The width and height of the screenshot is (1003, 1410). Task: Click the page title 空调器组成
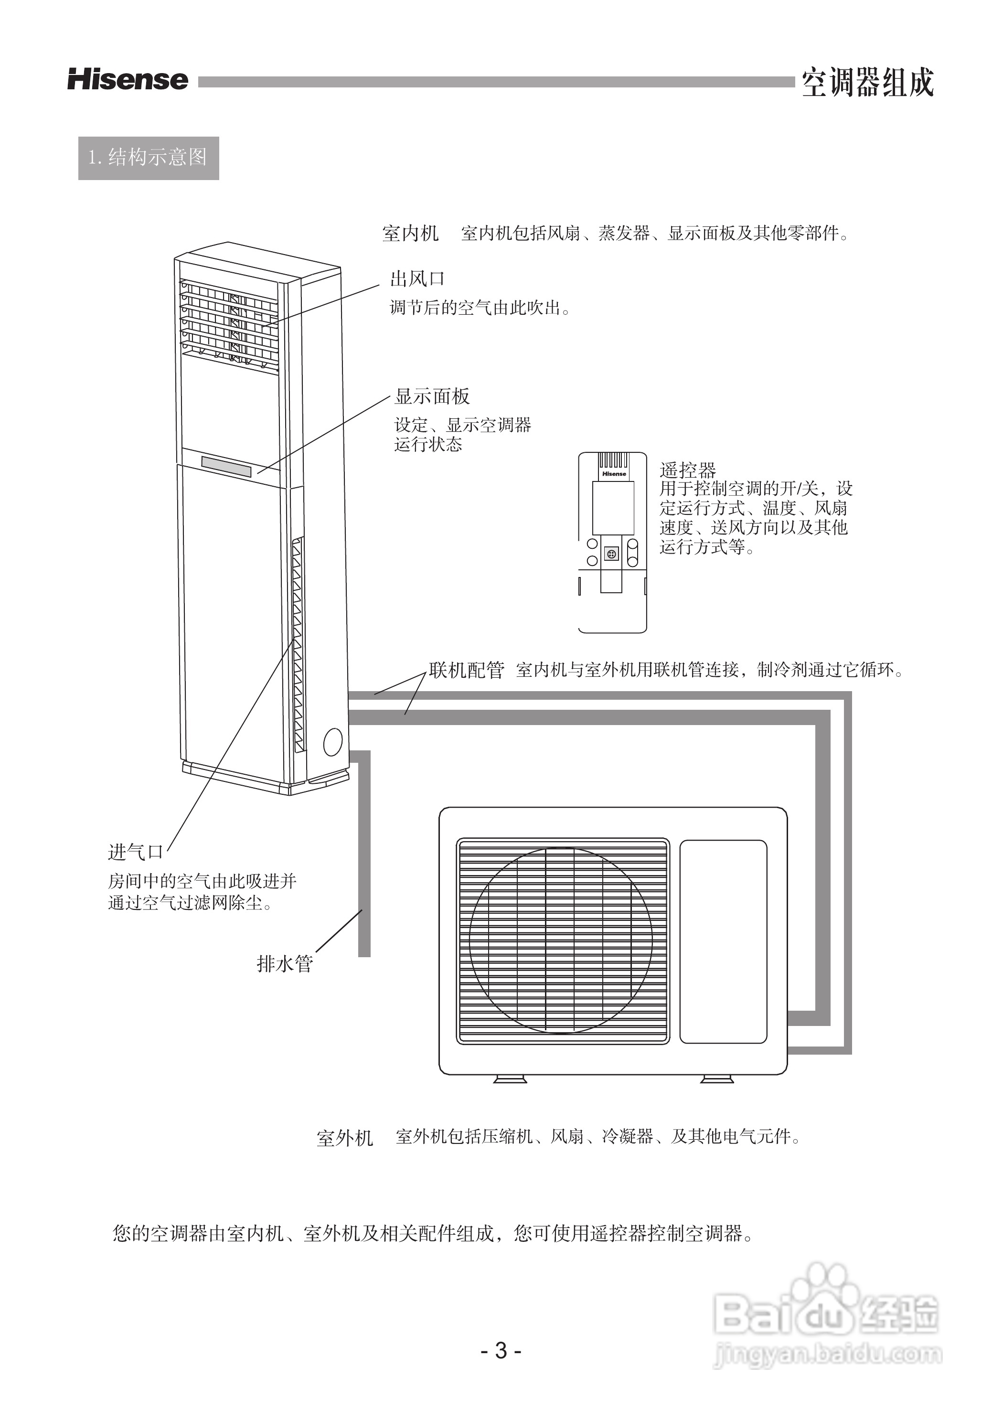click(x=867, y=83)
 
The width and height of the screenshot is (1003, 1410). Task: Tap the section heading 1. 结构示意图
click(x=148, y=158)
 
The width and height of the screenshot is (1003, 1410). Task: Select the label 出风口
click(x=417, y=279)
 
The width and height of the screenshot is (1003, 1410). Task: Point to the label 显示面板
click(x=432, y=396)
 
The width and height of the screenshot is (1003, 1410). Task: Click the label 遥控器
click(x=687, y=470)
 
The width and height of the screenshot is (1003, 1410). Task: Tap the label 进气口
click(x=136, y=852)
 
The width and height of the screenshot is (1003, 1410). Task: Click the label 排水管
click(x=285, y=963)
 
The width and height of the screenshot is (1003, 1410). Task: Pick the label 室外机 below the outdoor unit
click(x=345, y=1138)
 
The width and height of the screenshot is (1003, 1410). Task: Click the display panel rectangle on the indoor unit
click(x=226, y=466)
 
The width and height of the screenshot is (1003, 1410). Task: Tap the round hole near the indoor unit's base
click(x=333, y=742)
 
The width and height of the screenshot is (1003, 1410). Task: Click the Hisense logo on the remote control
click(x=614, y=474)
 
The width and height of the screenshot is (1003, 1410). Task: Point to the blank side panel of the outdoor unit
click(x=723, y=941)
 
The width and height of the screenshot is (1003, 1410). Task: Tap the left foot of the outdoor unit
click(x=510, y=1079)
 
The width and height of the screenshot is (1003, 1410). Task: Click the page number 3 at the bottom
click(x=501, y=1351)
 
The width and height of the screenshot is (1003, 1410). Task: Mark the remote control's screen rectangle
click(x=613, y=508)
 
